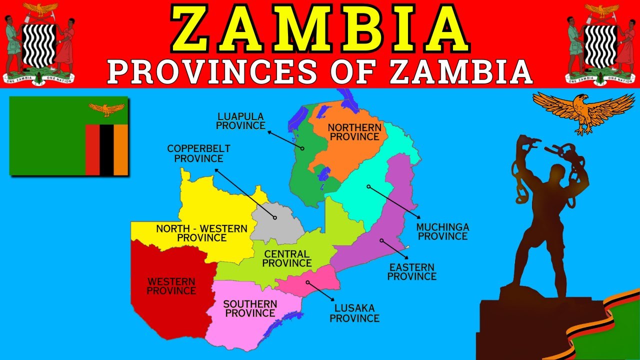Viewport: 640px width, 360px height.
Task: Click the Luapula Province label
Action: pyautogui.click(x=240, y=121)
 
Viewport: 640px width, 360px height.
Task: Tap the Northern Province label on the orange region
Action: pyautogui.click(x=354, y=132)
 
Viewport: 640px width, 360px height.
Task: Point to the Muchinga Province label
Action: pyautogui.click(x=442, y=231)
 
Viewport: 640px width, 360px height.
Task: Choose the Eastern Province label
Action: pyautogui.click(x=411, y=272)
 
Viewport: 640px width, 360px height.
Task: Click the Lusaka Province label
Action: pyautogui.click(x=354, y=313)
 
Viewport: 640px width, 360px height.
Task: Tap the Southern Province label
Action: pyautogui.click(x=250, y=308)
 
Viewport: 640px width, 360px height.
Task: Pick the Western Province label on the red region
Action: pyautogui.click(x=171, y=286)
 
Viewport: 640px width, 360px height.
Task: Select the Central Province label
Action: pyautogui.click(x=287, y=259)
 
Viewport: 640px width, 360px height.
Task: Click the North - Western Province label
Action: pyautogui.click(x=201, y=233)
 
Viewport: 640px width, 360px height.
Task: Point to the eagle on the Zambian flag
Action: pyautogui.click(x=106, y=108)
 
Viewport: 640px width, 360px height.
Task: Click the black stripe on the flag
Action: pyautogui.click(x=106, y=149)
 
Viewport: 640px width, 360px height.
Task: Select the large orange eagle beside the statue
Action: pyautogui.click(x=583, y=111)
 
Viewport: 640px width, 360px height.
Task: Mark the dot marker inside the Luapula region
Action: pyautogui.click(x=302, y=148)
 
